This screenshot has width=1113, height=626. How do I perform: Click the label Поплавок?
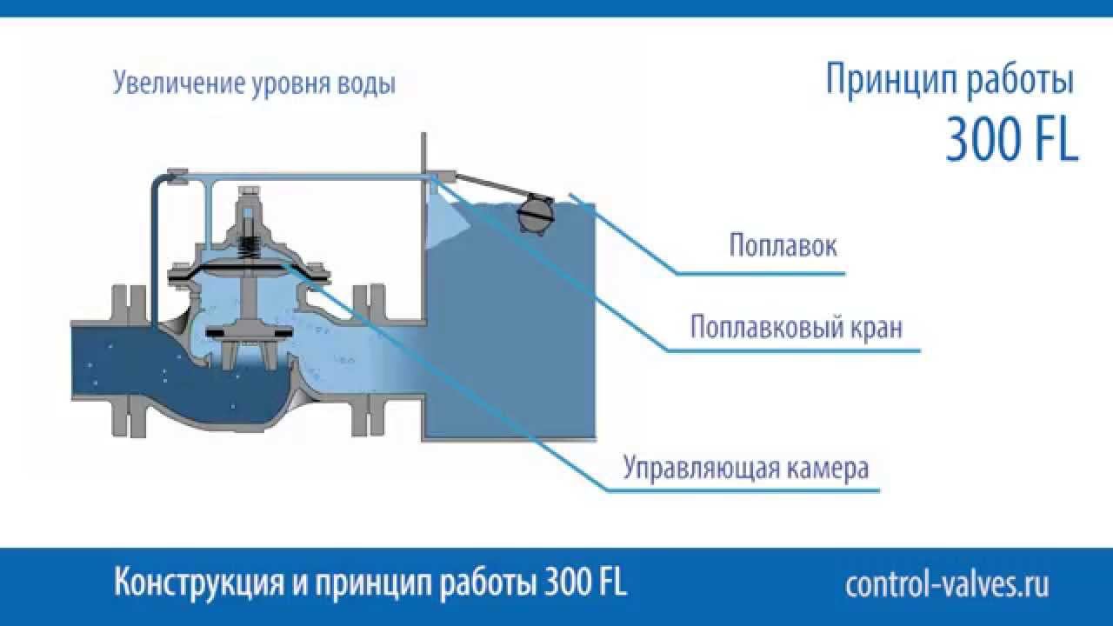point(783,246)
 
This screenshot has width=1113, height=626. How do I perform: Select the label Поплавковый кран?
point(796,330)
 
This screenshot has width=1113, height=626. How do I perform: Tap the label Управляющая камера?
point(745,469)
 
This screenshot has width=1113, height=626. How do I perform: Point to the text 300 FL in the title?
point(1011,140)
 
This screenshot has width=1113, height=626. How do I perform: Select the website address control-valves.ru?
point(947,584)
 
